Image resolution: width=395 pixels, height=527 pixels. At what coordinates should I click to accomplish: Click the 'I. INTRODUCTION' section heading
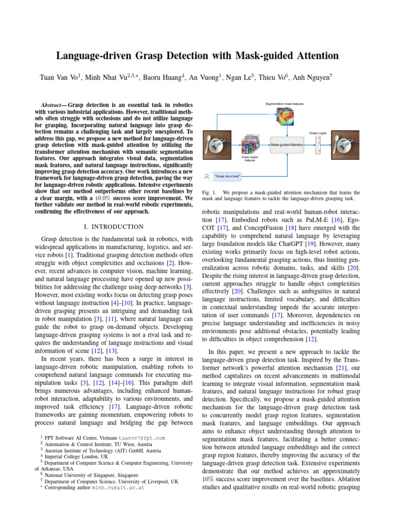pyautogui.click(x=113, y=226)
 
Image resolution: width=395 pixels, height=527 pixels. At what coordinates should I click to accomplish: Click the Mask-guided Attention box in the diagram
pyautogui.click(x=288, y=145)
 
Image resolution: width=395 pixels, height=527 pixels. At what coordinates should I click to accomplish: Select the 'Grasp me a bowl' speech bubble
pyautogui.click(x=227, y=177)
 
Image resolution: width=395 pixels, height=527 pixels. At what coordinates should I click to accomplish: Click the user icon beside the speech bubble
pyautogui.click(x=207, y=177)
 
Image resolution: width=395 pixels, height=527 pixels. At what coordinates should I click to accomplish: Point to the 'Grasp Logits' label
pyautogui.click(x=318, y=133)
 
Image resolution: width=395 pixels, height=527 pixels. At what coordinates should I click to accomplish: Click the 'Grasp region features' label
pyautogui.click(x=249, y=159)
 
